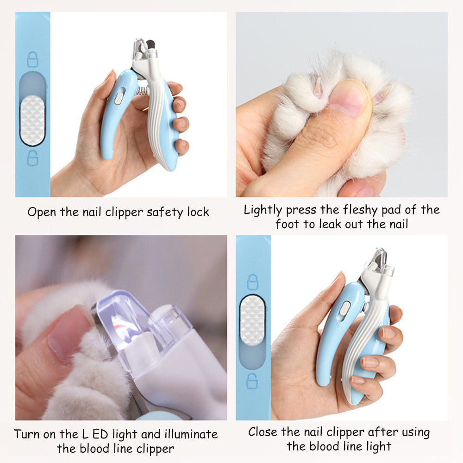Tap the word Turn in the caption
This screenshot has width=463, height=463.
(x=27, y=434)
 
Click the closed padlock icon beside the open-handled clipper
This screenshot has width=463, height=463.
(x=32, y=59)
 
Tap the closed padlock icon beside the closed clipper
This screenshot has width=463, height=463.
(x=252, y=282)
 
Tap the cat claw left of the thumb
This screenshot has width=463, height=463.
(x=318, y=87)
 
